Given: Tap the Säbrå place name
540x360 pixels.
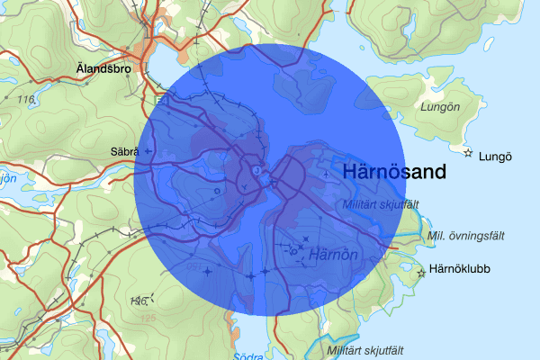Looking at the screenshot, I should point(121,151).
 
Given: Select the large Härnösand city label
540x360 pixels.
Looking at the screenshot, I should point(394,173).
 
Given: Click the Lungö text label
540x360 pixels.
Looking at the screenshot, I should point(496,156).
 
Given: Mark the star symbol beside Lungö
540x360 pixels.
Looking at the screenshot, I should point(468,153).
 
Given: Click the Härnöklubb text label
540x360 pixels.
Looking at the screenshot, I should point(460,268).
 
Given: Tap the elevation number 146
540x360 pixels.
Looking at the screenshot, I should point(137,301).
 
